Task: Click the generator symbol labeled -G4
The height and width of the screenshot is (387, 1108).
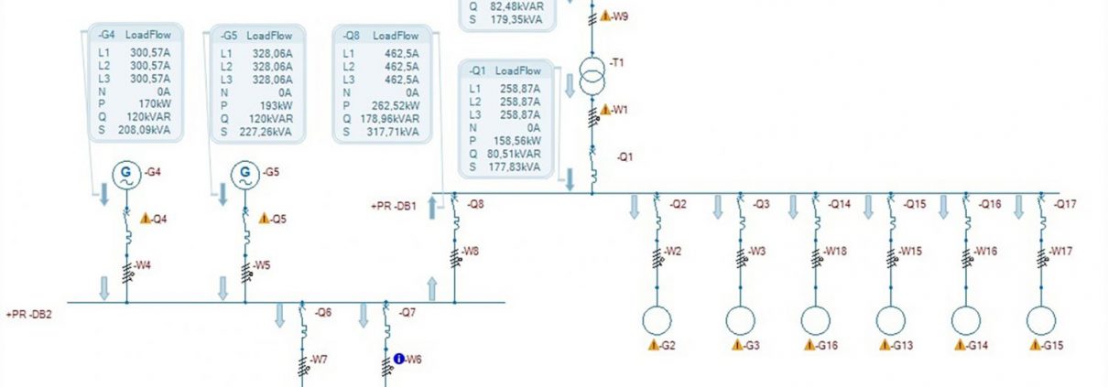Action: (126, 175)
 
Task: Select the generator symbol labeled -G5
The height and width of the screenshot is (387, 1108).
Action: (245, 175)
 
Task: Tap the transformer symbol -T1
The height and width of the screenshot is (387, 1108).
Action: (592, 76)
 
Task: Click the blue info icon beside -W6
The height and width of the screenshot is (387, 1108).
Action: (399, 359)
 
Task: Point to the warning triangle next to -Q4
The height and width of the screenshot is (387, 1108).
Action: (146, 218)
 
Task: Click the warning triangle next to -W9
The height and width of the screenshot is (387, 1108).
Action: (605, 16)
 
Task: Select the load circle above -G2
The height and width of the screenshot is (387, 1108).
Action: (657, 320)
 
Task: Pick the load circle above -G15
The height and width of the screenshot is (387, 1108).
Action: (1041, 320)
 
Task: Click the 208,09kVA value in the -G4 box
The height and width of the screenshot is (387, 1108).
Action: (144, 130)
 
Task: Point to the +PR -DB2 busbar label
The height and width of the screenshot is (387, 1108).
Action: (28, 315)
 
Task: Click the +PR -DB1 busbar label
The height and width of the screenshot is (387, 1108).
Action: (394, 206)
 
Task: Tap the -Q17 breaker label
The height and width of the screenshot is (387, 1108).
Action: (1065, 204)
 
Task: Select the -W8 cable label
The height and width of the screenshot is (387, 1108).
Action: (471, 251)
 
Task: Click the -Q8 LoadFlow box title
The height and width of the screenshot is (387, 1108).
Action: (382, 36)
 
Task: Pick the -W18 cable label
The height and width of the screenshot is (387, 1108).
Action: (835, 251)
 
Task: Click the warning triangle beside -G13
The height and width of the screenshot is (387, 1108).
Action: (885, 345)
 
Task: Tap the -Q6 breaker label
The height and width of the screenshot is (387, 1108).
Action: (323, 312)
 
